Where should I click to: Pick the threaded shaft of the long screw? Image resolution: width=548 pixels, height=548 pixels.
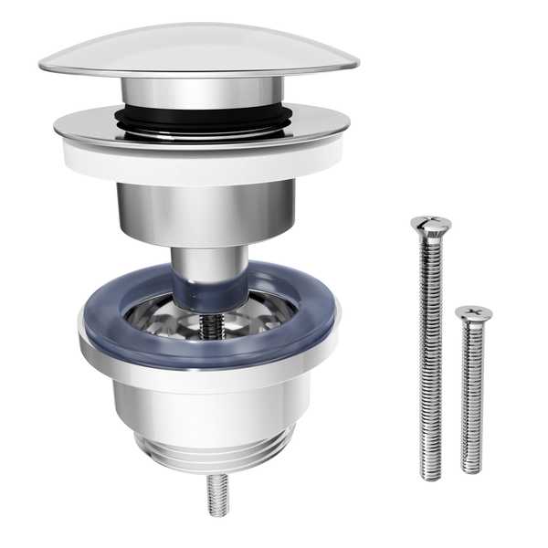pos(429,347)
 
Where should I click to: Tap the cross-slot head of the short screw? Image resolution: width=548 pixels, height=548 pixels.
pos(473,313)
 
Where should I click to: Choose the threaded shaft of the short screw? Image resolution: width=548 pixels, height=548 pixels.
pos(472,393)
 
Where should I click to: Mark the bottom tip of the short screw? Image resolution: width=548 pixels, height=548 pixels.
pos(471,468)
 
